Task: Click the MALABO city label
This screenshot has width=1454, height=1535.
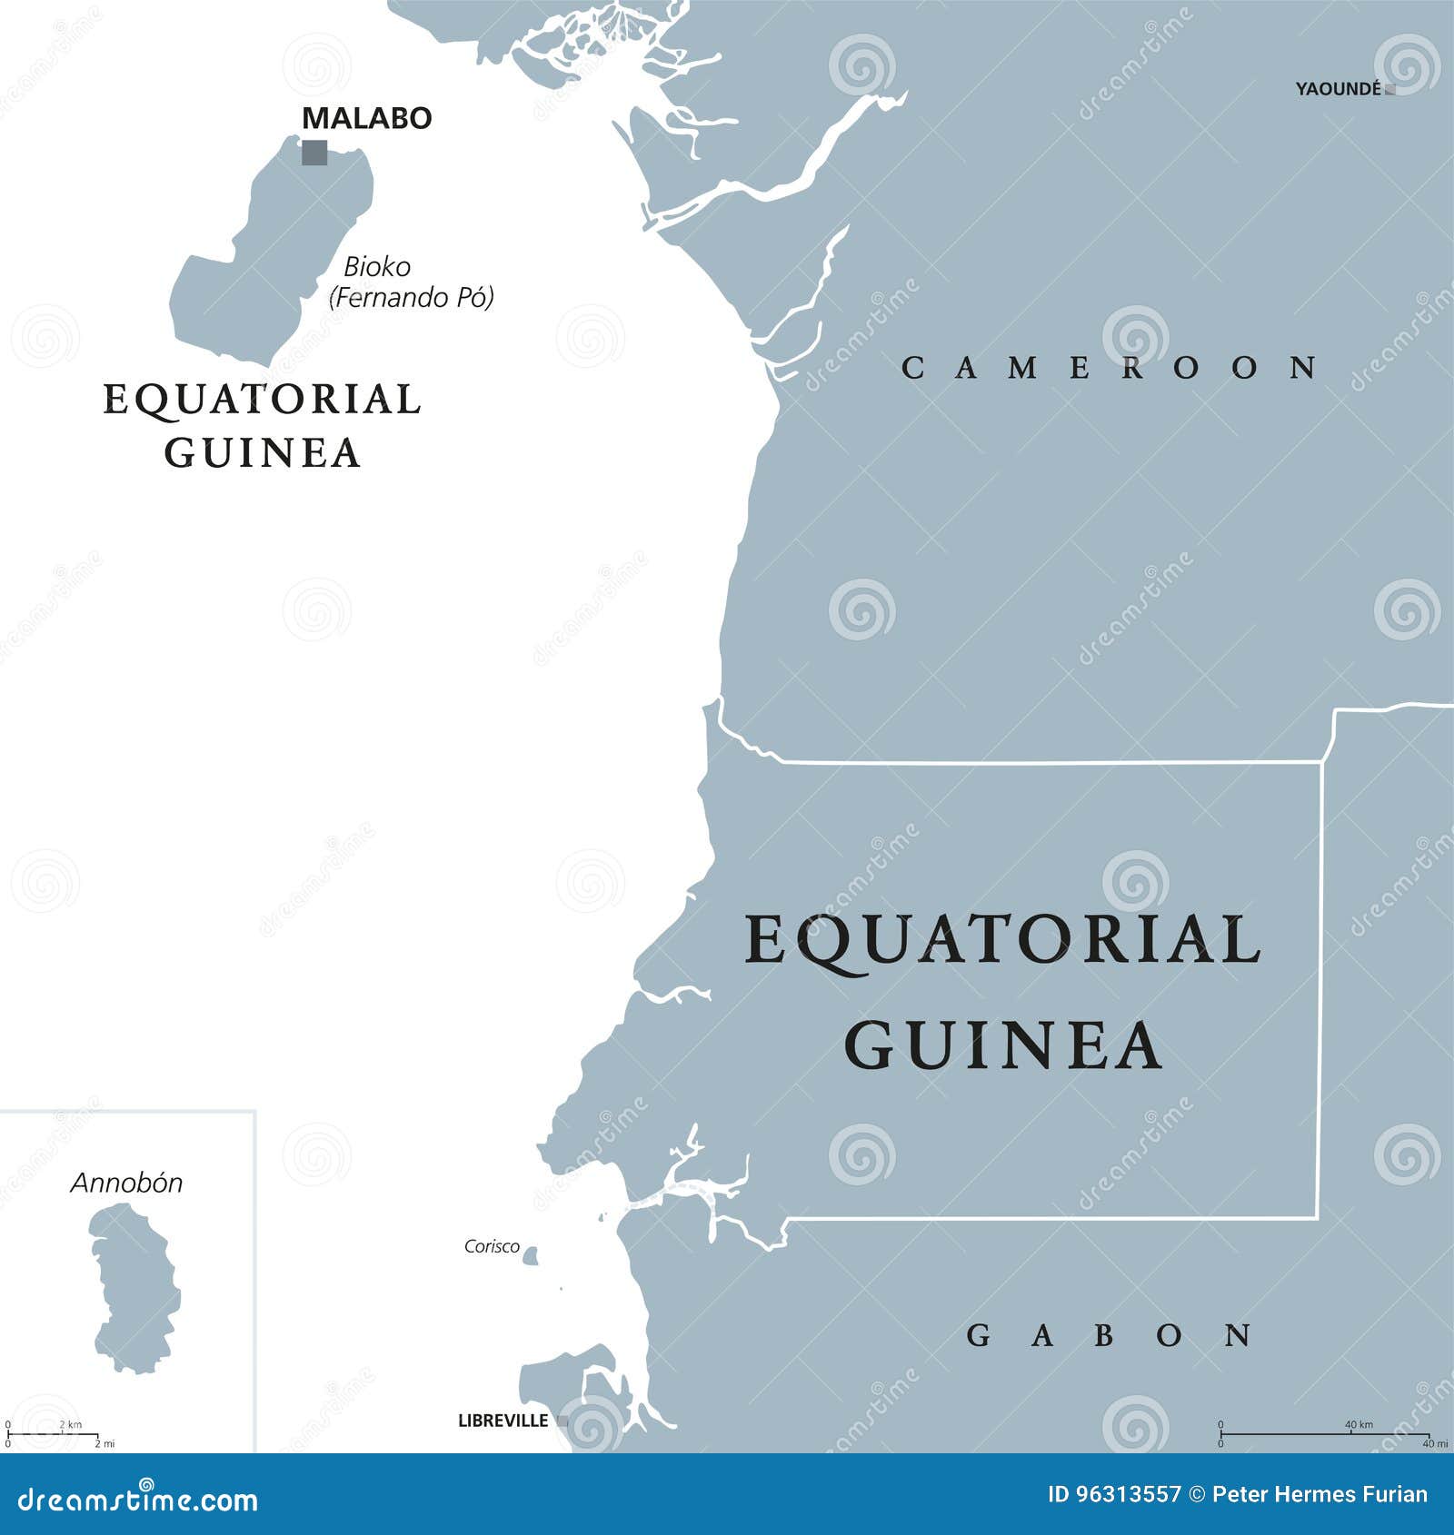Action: pyautogui.click(x=366, y=118)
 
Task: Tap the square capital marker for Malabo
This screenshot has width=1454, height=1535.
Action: pyautogui.click(x=314, y=152)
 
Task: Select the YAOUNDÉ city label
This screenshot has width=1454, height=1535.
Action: pyautogui.click(x=1338, y=89)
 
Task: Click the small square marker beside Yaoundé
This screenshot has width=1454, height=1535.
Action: pyautogui.click(x=1389, y=90)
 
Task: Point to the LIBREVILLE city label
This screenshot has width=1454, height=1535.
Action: pyautogui.click(x=503, y=1421)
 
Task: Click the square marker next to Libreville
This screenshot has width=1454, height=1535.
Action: pyautogui.click(x=563, y=1421)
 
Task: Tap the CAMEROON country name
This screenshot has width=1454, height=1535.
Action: pyautogui.click(x=1110, y=368)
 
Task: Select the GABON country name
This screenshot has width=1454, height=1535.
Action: pyautogui.click(x=1110, y=1335)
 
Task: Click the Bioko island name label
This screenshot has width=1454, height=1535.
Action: pyautogui.click(x=376, y=267)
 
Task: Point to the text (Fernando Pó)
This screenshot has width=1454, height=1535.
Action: pyautogui.click(x=412, y=297)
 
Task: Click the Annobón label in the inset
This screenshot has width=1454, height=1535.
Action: pyautogui.click(x=126, y=1183)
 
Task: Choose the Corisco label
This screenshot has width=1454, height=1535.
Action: pyautogui.click(x=492, y=1246)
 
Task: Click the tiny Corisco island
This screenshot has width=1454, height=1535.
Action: pyautogui.click(x=531, y=1256)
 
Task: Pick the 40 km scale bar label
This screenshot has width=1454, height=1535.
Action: pyautogui.click(x=1359, y=1424)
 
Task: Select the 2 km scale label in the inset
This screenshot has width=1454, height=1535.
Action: pyautogui.click(x=71, y=1424)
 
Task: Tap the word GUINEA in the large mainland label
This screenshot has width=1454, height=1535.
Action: pyautogui.click(x=1003, y=1046)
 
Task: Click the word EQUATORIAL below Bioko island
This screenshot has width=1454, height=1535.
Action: pyautogui.click(x=262, y=400)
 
